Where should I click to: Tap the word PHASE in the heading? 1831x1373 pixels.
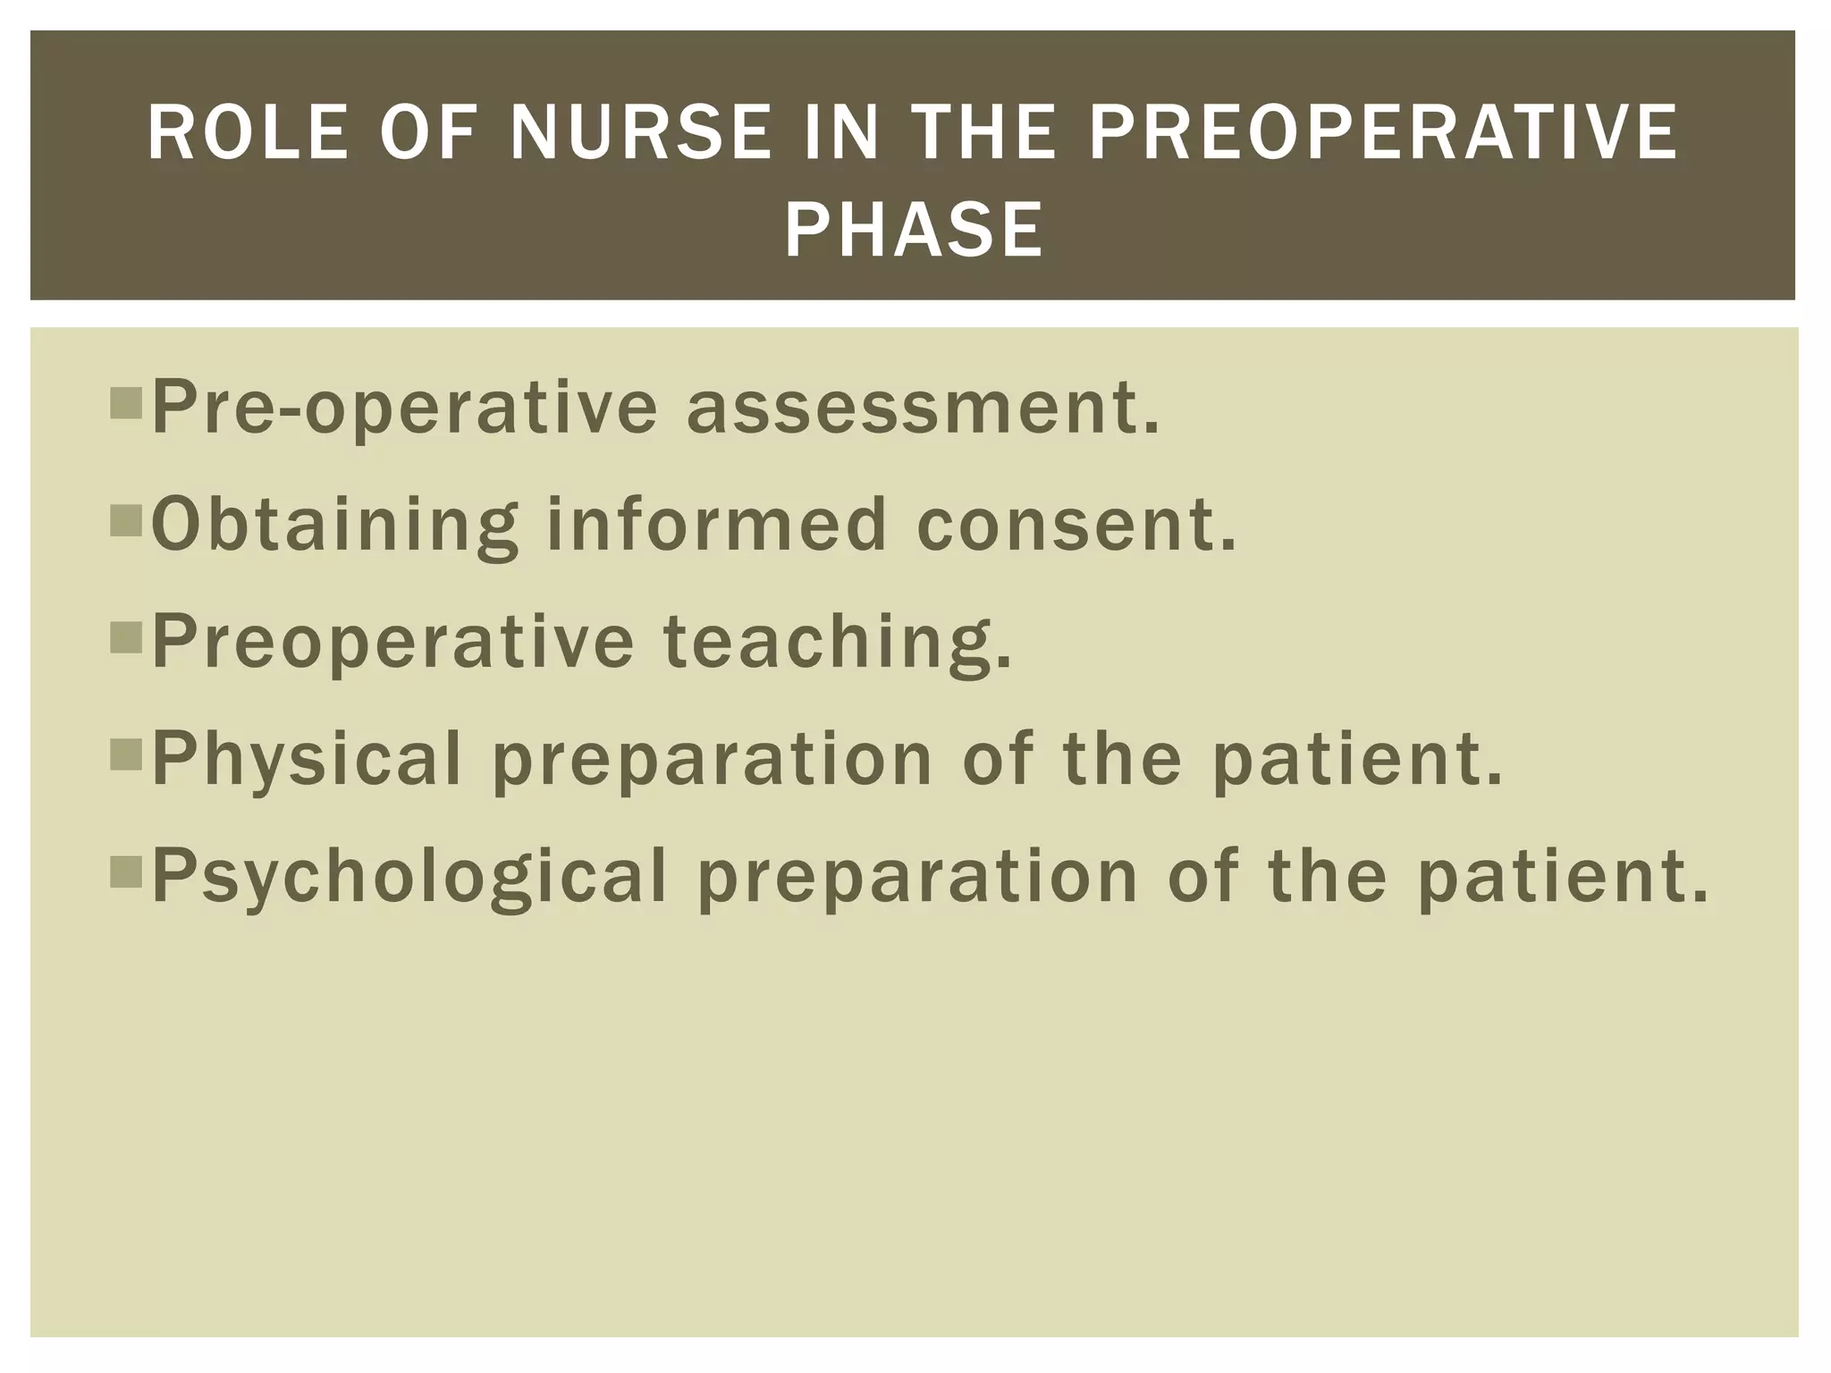(x=914, y=231)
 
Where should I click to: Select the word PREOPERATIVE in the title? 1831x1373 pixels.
(x=1383, y=134)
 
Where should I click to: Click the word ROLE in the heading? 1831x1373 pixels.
(x=248, y=134)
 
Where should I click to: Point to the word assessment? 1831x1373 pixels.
(x=923, y=408)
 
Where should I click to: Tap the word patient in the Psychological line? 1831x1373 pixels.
(x=1564, y=877)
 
